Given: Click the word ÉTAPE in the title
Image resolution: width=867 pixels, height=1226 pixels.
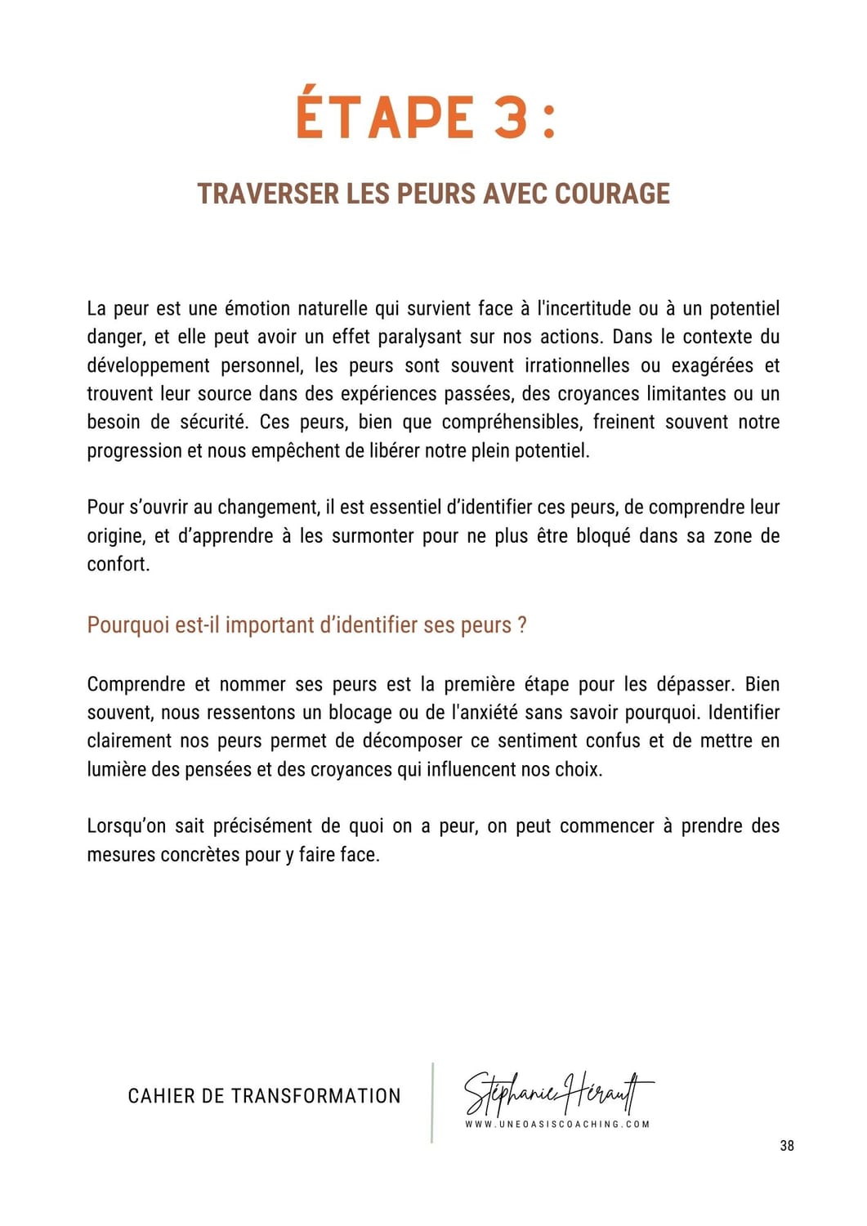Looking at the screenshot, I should [x=385, y=118].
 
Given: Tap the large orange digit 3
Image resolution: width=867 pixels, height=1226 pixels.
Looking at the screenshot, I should [x=511, y=118].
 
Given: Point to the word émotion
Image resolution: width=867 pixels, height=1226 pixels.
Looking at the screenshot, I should [x=257, y=309].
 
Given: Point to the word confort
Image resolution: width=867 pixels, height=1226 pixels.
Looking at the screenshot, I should [x=118, y=564].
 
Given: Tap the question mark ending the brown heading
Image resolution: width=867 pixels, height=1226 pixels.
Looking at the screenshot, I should [x=522, y=625].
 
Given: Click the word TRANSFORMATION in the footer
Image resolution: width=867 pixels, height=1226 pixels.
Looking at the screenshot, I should [x=316, y=1096].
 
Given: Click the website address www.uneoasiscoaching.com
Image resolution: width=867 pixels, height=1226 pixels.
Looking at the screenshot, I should [x=557, y=1124].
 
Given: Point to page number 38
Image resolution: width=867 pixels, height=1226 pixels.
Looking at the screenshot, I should [x=787, y=1146].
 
